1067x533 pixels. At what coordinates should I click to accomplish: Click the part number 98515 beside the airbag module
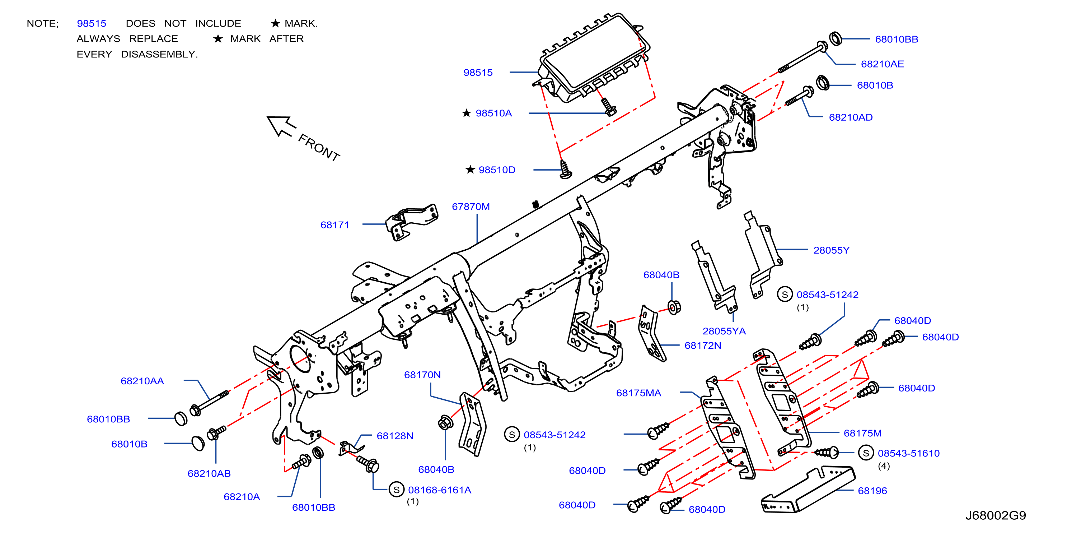click(478, 73)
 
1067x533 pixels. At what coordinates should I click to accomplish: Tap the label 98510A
click(494, 113)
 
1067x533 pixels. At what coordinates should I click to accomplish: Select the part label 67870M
click(471, 207)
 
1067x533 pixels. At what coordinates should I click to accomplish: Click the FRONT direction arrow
click(282, 126)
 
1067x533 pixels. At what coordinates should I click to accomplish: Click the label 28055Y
click(831, 250)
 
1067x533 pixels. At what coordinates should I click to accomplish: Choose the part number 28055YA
click(724, 331)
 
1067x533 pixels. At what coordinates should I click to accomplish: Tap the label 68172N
click(703, 345)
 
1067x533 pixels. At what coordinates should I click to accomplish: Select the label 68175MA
click(639, 393)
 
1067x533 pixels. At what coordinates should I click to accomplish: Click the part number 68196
click(872, 491)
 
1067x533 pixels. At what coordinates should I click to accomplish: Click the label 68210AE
click(882, 64)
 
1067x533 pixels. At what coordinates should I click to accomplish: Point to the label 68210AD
click(851, 117)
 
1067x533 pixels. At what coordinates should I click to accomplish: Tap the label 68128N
click(395, 436)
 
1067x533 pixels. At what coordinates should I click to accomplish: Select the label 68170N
click(422, 375)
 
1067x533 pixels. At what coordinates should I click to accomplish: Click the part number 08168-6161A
click(440, 490)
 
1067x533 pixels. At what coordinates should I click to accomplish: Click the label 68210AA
click(142, 381)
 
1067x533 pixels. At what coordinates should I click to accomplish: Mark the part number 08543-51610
click(909, 453)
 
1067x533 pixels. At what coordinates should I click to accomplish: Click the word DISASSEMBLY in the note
click(159, 54)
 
